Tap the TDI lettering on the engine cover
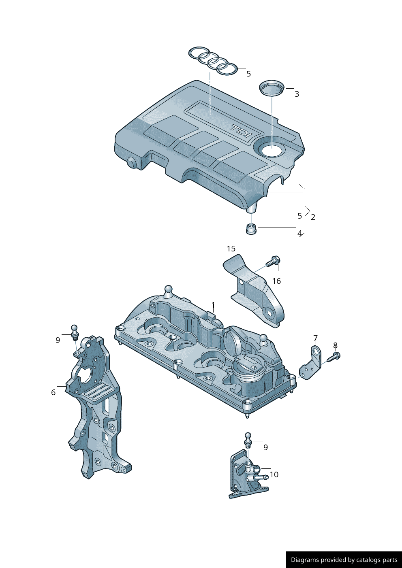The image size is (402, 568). [242, 131]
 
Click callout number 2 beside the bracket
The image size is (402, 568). [313, 217]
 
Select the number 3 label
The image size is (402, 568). [297, 94]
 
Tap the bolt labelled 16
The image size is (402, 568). [274, 261]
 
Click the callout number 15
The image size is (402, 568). [231, 249]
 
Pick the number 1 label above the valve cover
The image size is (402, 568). [213, 305]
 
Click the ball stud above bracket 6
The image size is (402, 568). [74, 332]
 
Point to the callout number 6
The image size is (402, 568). [53, 392]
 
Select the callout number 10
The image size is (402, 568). [274, 474]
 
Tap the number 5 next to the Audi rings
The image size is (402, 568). [248, 74]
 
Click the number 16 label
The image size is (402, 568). [276, 281]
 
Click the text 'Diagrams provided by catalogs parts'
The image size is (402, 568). [344, 560]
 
